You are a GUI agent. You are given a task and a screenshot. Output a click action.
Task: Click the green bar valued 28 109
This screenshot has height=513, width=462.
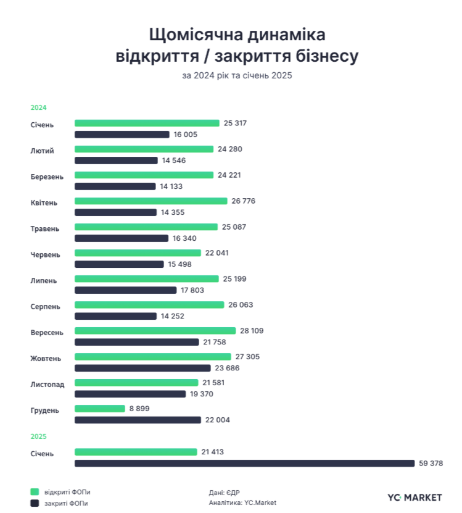(155, 331)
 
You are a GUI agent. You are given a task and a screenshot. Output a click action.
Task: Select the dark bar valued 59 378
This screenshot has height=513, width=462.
(244, 463)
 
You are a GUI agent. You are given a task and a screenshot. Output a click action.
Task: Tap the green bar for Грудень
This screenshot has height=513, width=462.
(99, 409)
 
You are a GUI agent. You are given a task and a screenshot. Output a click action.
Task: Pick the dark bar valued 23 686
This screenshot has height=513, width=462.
(142, 368)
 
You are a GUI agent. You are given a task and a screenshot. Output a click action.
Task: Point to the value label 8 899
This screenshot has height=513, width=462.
(139, 409)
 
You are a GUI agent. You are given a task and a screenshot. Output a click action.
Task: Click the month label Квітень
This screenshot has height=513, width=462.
(44, 202)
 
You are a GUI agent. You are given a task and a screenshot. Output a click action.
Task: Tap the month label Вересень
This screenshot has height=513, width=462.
(47, 332)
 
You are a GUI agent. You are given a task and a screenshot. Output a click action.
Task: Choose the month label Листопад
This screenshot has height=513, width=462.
(47, 384)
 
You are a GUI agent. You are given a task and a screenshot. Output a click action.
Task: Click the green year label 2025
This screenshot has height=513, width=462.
(39, 436)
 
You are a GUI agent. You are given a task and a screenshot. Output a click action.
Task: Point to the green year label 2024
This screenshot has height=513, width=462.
(39, 107)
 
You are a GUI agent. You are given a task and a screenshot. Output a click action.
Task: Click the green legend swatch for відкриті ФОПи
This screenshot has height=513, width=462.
(35, 492)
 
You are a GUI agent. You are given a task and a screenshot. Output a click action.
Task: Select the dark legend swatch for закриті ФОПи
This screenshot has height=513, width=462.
(35, 503)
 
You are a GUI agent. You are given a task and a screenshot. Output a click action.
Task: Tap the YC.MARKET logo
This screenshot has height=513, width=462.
(415, 497)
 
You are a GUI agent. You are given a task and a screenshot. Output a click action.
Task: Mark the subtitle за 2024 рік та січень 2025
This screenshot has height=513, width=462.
(237, 76)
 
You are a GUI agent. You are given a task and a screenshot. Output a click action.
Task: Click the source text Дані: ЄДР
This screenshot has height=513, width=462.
(225, 492)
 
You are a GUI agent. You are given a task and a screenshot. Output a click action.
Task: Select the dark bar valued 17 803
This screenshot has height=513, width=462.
(125, 290)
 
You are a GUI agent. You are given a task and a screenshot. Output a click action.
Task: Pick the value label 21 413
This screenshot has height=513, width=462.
(212, 452)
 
